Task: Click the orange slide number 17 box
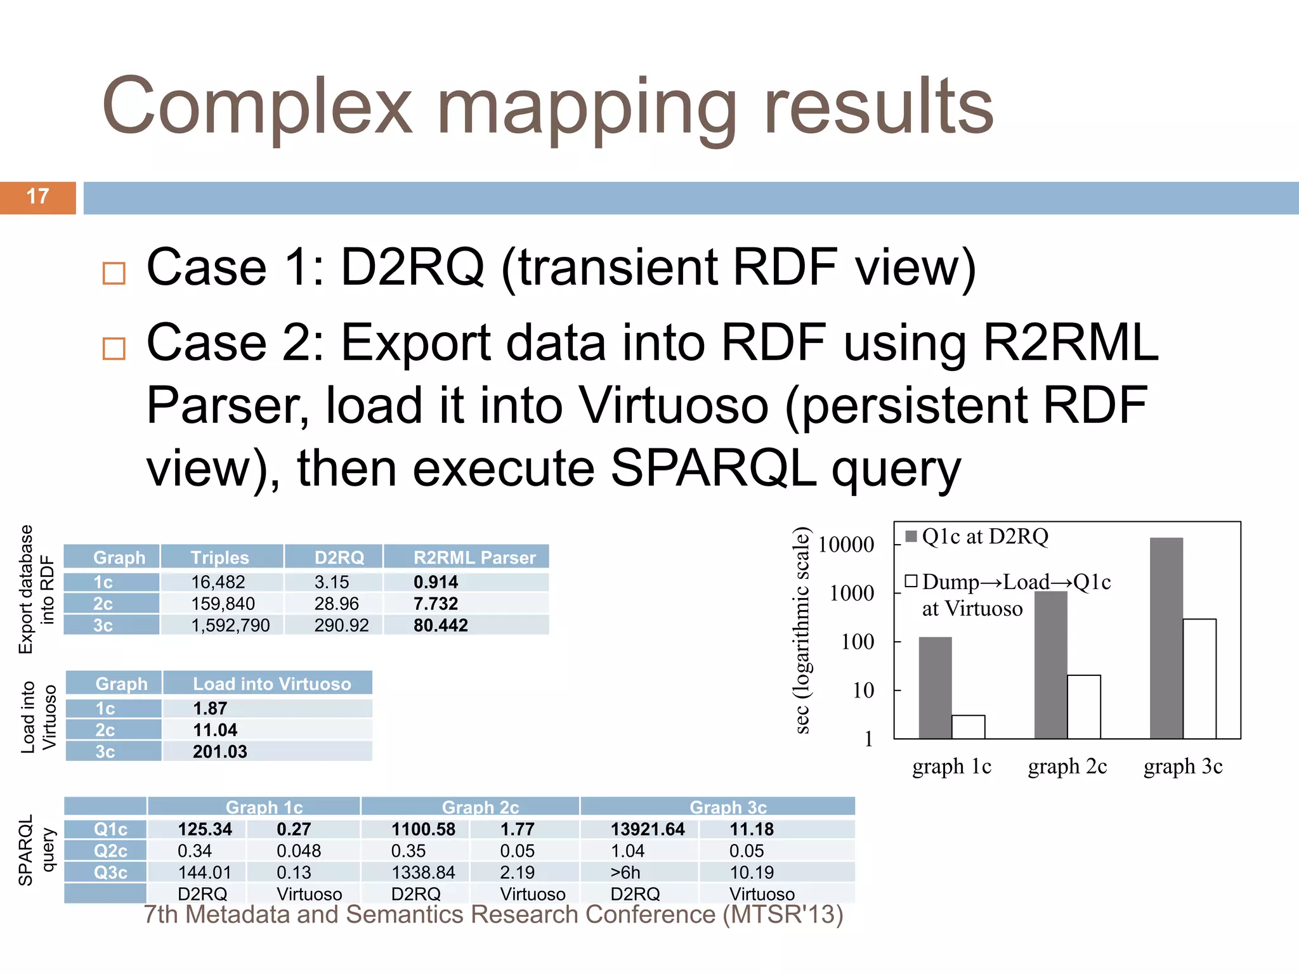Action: pos(37,197)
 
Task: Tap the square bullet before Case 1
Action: pos(114,273)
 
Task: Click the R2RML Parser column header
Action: pos(474,557)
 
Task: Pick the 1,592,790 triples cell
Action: pos(230,625)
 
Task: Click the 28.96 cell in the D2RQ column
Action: pos(336,604)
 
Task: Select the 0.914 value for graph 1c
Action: pos(435,582)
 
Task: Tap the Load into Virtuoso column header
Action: pos(271,684)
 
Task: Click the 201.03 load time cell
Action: pos(219,751)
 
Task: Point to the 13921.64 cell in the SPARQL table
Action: pos(647,829)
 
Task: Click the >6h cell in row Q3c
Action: pos(625,873)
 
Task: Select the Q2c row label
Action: pos(110,851)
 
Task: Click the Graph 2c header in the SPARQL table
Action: pos(480,807)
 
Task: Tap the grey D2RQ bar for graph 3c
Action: pos(1166,637)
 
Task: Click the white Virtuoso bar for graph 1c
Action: pos(968,727)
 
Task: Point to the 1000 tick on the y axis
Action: pos(852,593)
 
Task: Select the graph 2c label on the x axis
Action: pos(1067,767)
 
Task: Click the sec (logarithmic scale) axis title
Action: pos(802,630)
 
